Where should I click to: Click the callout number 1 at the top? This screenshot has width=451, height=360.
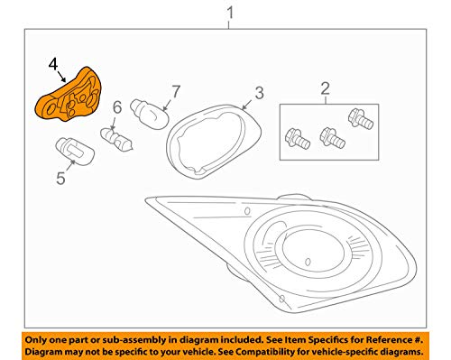click(230, 14)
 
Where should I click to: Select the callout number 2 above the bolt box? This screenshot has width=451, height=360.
click(325, 88)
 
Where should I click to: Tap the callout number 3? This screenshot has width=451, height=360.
click(259, 93)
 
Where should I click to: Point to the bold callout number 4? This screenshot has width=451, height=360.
click(53, 64)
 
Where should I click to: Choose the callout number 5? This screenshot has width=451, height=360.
click(60, 178)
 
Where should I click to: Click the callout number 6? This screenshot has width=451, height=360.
click(117, 107)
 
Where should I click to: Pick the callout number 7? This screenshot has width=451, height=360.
click(176, 91)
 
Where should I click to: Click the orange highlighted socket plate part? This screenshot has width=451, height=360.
click(69, 94)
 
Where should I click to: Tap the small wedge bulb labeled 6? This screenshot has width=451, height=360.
click(116, 139)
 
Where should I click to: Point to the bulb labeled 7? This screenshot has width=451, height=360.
click(150, 114)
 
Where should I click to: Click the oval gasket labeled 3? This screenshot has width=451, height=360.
click(213, 142)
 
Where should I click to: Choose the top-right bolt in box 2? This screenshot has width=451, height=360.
click(361, 119)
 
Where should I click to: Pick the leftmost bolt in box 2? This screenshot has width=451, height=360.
click(297, 139)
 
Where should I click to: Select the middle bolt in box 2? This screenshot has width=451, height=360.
click(332, 138)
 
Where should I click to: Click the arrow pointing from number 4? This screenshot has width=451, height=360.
click(61, 76)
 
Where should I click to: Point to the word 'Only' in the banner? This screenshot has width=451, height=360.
click(34, 340)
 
